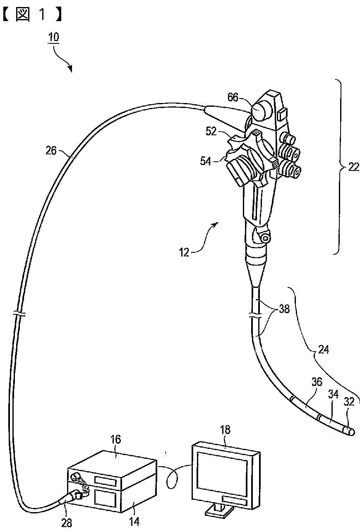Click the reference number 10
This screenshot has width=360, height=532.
point(53,37)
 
